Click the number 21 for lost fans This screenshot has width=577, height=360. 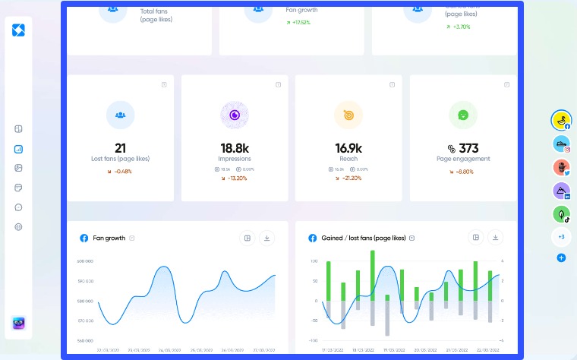point(120,148)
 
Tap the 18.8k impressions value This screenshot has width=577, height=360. point(234,148)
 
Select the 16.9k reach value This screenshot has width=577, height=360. point(348,148)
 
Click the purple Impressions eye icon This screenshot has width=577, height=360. point(235,115)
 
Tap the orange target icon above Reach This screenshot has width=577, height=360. point(348,115)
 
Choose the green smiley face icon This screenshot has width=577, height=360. point(462,115)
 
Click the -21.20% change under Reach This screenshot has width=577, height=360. point(348,178)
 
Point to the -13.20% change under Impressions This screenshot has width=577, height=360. point(235,178)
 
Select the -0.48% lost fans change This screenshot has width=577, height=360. point(120,171)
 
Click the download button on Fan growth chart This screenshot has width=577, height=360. point(266,238)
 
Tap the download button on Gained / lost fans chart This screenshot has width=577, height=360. point(495,238)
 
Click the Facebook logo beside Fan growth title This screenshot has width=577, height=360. point(84,238)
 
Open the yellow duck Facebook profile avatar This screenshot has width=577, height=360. point(561,120)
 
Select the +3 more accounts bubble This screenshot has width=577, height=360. point(561,237)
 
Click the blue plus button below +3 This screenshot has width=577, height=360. point(561,258)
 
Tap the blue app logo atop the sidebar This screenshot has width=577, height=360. point(18,30)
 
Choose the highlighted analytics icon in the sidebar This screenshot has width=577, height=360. point(18,149)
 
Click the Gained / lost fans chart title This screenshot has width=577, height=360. point(364,238)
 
